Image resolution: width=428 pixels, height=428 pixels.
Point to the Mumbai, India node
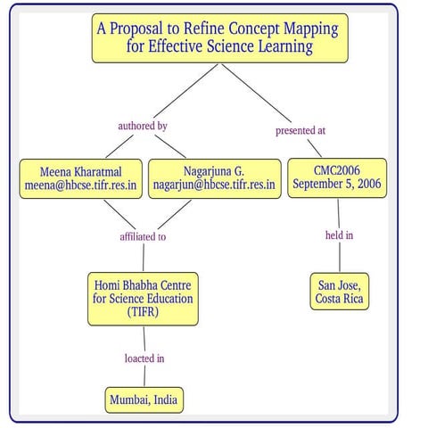coord(143,399)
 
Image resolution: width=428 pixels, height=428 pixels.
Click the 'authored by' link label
coord(143,126)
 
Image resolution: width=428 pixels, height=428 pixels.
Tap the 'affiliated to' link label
coord(143,237)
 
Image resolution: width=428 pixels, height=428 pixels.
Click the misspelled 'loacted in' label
coord(143,358)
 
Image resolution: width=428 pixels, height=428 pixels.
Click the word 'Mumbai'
coord(126,399)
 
